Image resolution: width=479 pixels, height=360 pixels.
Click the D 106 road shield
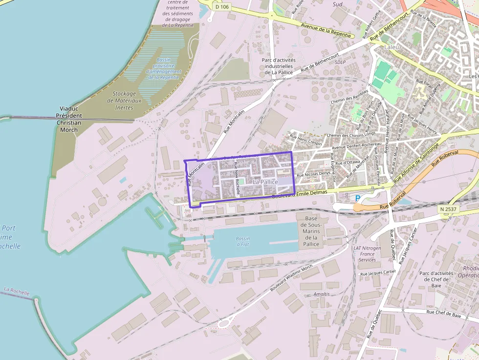(221, 6)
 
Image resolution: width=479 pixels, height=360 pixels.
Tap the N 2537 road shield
(448, 209)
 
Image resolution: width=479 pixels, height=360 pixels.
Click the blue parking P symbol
(357, 198)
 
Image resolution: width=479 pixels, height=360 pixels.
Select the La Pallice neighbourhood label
(265, 182)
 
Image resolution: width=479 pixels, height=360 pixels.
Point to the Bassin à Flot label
(242, 241)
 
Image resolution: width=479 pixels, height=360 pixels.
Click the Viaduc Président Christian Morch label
(69, 119)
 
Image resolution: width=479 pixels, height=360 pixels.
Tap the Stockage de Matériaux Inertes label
(124, 100)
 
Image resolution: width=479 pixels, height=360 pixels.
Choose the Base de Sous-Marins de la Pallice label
(311, 231)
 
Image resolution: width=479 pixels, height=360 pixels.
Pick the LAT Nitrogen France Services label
(367, 254)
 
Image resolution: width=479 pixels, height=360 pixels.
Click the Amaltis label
(322, 294)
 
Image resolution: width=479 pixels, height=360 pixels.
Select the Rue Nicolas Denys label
(313, 174)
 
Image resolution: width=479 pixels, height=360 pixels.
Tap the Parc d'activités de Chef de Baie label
(437, 279)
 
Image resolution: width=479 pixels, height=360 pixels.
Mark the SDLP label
(340, 63)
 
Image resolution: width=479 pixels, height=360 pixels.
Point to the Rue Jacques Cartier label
(377, 274)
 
